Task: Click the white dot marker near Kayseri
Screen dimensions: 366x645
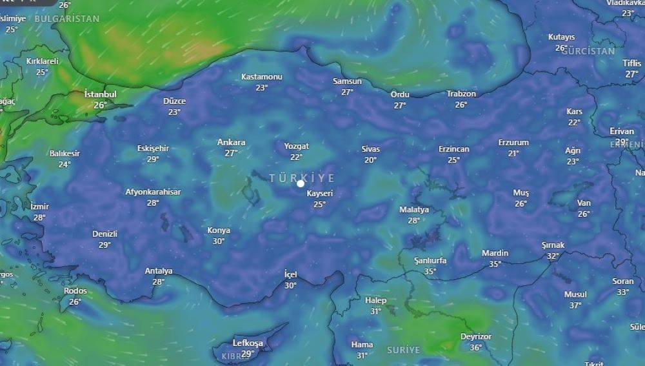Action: [301, 183]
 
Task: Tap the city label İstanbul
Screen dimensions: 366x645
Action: [101, 94]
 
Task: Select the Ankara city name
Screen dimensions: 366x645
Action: [231, 143]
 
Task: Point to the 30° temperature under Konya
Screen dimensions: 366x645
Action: [219, 241]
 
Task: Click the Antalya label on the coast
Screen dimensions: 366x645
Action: [159, 271]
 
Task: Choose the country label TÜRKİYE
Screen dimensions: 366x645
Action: [302, 178]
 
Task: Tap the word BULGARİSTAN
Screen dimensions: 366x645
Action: [67, 19]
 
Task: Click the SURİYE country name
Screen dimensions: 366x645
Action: [403, 350]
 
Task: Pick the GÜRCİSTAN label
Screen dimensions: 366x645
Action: [588, 51]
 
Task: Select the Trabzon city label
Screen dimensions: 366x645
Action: [461, 94]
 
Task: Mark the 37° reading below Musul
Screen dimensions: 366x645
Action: [575, 305]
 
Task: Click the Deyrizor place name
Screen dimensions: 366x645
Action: [476, 337]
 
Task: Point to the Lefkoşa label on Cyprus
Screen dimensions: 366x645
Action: [248, 343]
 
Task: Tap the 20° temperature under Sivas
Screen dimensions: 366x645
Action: [370, 160]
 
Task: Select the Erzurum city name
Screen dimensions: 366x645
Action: [513, 143]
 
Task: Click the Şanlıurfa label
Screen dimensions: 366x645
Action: [430, 261]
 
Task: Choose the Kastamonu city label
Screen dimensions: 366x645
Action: [262, 77]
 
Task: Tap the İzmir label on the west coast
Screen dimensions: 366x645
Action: [39, 207]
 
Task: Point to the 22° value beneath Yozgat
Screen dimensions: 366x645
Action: [296, 157]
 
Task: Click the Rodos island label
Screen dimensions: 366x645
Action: [75, 291]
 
